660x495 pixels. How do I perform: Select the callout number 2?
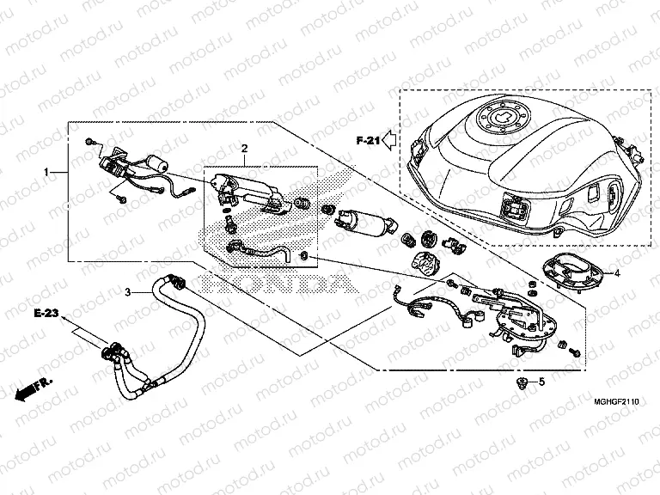point(243,149)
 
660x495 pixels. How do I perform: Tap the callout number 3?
point(128,292)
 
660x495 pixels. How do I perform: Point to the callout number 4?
point(616,273)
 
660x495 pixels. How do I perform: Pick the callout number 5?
point(542,381)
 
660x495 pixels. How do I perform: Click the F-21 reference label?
point(367,138)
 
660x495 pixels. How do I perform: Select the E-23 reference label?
point(47,315)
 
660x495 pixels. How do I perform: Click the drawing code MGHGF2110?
point(616,400)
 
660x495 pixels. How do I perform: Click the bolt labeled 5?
point(520,381)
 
